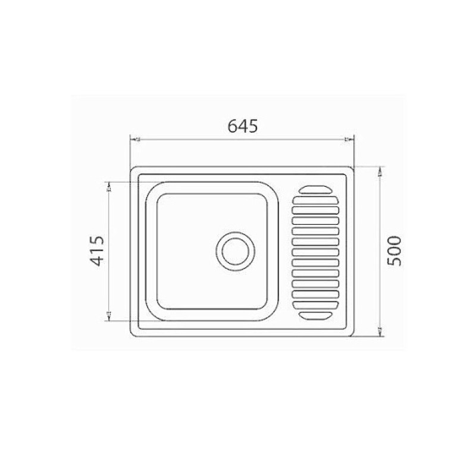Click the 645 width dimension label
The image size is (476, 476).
click(243, 126)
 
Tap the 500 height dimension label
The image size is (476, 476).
click(395, 251)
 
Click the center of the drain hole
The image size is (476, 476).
click(236, 251)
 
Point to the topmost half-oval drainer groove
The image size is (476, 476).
click(315, 190)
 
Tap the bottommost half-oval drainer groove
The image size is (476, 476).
click(315, 315)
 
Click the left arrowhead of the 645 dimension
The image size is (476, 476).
click(133, 140)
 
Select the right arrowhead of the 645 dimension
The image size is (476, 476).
click(350, 140)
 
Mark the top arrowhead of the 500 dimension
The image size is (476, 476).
click(381, 171)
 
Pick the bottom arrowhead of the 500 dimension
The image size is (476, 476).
click(381, 331)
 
